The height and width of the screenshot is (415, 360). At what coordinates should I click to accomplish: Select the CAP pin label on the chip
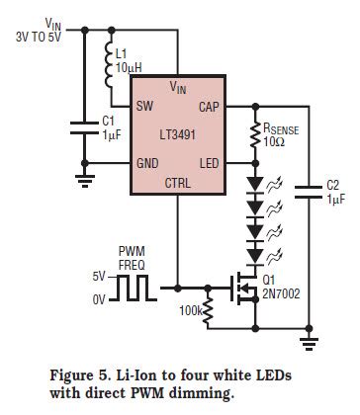coord(210,105)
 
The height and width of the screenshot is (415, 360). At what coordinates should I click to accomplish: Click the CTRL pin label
coord(178,182)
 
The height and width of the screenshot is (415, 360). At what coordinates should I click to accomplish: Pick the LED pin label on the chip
coord(210,161)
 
